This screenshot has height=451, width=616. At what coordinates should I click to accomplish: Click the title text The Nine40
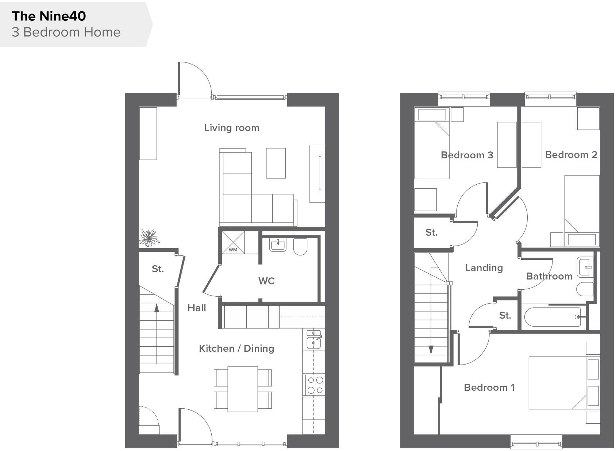(49, 16)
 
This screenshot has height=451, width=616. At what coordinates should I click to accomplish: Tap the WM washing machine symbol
(233, 243)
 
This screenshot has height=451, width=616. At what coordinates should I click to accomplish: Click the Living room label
(231, 128)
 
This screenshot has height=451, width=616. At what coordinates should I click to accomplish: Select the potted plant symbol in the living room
(149, 238)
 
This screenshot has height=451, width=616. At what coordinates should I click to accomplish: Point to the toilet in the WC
(300, 247)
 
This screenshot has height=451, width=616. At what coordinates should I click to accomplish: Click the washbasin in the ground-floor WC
(278, 245)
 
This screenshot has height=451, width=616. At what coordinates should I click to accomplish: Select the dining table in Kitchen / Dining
(243, 389)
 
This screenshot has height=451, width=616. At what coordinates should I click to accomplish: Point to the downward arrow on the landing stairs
(431, 350)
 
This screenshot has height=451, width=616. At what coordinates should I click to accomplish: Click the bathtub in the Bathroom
(553, 317)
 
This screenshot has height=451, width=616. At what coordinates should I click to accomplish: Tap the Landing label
(484, 268)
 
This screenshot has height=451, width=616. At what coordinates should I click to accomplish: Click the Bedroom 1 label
(489, 387)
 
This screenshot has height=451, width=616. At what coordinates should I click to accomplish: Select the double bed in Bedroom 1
(557, 383)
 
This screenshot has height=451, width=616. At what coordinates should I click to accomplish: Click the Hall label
(196, 308)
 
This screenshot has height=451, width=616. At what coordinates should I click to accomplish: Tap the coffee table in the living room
(276, 163)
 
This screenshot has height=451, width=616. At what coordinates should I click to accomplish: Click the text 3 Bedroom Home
(66, 32)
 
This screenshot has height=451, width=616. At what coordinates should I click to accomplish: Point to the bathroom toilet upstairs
(585, 289)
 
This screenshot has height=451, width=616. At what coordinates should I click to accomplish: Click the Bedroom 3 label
(467, 155)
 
